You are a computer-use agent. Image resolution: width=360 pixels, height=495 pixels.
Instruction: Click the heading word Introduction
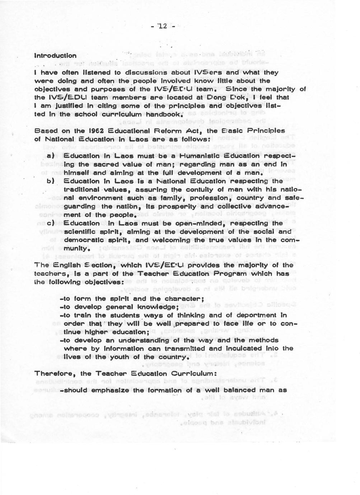tap(55, 56)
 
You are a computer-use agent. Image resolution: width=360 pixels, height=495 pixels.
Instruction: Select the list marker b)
tap(51, 181)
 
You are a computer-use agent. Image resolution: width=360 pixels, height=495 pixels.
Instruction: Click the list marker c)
tap(51, 223)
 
